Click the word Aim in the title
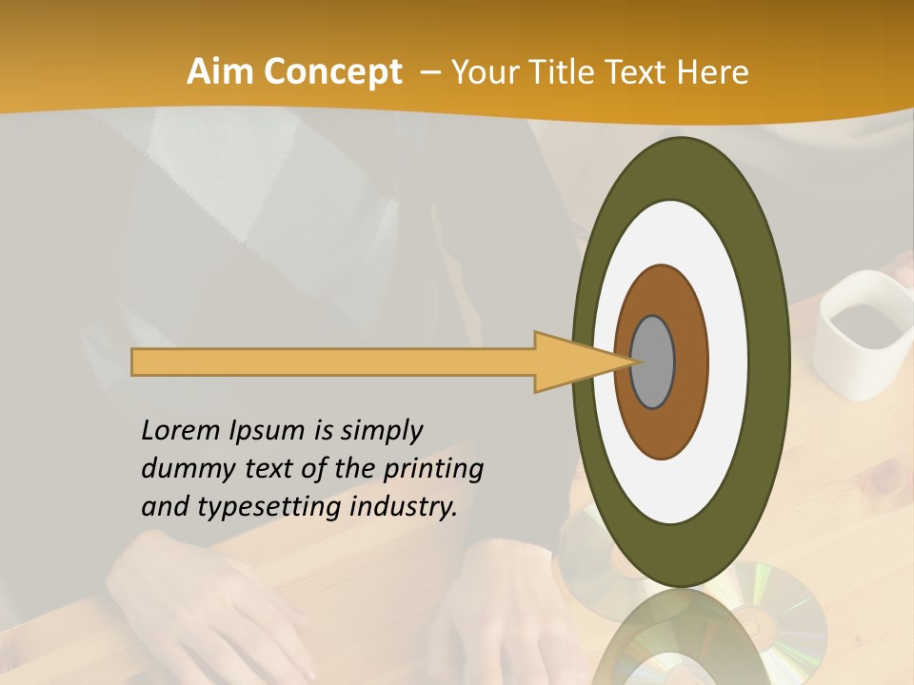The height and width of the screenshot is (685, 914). click(x=220, y=72)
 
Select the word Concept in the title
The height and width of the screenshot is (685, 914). click(x=331, y=72)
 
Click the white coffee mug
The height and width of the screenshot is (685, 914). click(x=861, y=332)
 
